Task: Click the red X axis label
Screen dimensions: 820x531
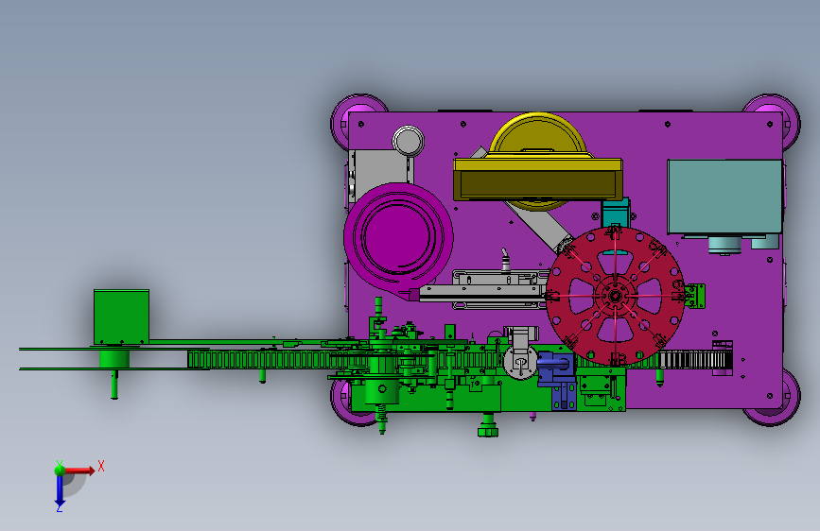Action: coord(101,466)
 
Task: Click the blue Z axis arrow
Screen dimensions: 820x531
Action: coord(60,489)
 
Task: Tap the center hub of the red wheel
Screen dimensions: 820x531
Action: coord(615,297)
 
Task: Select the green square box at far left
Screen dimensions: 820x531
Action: coord(121,317)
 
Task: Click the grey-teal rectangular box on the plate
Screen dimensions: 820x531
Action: coord(724,197)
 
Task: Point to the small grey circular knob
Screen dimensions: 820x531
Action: coord(408,141)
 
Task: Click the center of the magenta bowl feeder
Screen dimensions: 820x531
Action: coord(398,237)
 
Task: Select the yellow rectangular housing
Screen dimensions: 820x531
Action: coord(538,180)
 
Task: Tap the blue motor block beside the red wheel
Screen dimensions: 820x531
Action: coord(556,368)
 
